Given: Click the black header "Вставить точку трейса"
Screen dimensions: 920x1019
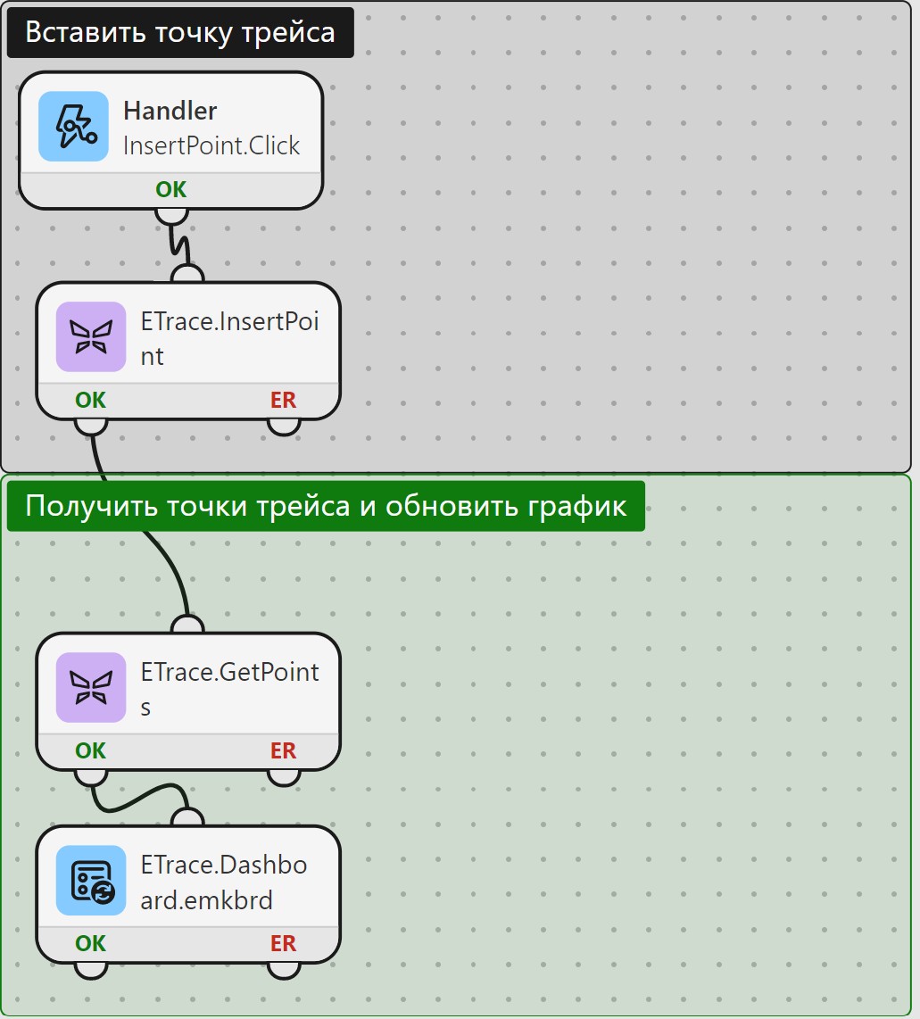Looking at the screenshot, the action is coord(180,32).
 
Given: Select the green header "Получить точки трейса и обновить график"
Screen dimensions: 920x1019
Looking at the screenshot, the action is coord(326,506).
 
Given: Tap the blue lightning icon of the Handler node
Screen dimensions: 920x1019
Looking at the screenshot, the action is coord(73,126).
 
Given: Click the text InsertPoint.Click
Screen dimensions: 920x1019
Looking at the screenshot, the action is coord(211,145).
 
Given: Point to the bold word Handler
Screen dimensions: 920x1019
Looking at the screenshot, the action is coord(170,111).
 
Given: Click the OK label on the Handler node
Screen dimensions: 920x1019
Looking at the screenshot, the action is coord(170,189).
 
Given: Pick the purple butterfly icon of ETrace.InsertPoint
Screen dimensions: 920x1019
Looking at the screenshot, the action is coord(91,336).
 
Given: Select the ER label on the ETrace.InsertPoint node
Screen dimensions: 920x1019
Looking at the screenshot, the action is coord(283,400).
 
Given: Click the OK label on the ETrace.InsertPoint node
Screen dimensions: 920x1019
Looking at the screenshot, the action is coord(90,400).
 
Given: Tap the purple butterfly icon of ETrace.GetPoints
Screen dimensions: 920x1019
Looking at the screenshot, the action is coord(91,688).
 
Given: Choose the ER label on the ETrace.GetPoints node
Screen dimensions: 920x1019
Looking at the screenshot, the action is coord(283,750).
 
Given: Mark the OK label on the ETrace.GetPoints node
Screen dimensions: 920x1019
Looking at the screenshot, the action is coord(90,750).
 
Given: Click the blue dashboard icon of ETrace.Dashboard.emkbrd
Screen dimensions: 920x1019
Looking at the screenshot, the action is coord(91,881).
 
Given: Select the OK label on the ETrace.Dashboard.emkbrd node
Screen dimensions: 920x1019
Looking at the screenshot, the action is coord(90,943).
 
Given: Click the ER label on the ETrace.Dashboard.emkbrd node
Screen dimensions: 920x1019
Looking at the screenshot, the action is coord(283,943).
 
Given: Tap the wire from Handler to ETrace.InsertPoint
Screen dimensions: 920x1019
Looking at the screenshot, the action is coord(178,244).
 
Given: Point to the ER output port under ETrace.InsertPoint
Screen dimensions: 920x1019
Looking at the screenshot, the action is coord(284,427).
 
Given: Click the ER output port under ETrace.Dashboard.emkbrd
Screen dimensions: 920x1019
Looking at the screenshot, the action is coord(284,970).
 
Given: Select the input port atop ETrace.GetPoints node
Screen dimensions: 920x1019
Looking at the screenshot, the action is coord(187,625).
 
